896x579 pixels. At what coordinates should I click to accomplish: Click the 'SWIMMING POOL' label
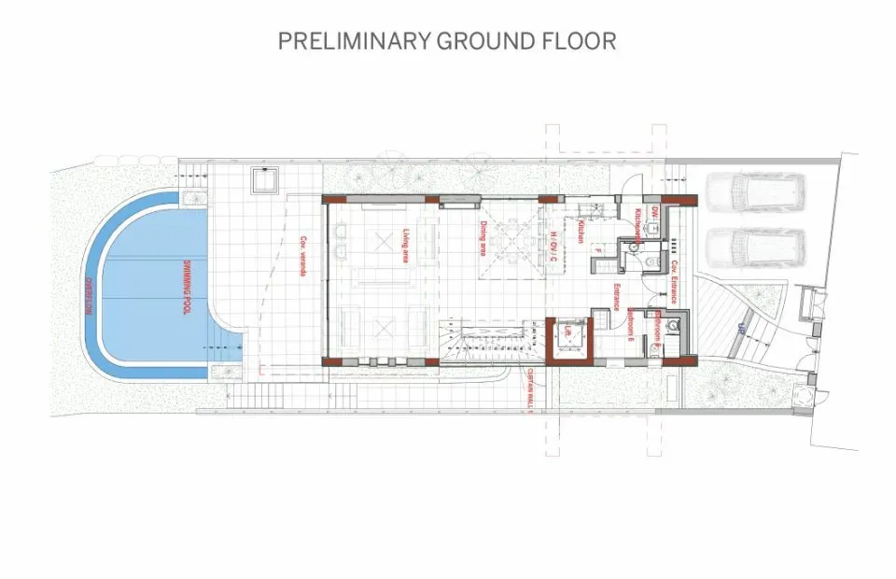pos(187,287)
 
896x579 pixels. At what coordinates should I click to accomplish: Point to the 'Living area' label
pos(407,245)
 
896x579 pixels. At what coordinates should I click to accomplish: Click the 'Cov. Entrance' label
pos(672,281)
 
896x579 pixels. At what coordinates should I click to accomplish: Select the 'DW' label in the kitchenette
pos(655,211)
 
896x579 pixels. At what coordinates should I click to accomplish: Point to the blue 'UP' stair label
pos(738,328)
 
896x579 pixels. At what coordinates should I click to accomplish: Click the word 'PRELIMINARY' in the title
pos(354,41)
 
